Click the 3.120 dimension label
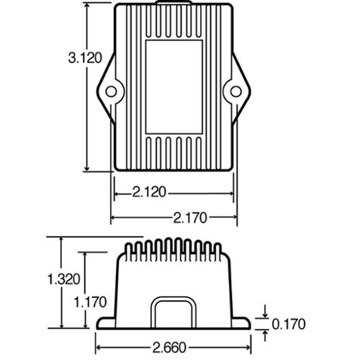85,58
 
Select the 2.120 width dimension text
149,192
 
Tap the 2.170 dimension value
190,218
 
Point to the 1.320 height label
64,279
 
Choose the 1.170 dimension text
90,302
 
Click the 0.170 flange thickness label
289,324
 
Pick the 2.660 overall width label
169,348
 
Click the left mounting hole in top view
111,91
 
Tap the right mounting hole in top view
236,91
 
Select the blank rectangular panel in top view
174,87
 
